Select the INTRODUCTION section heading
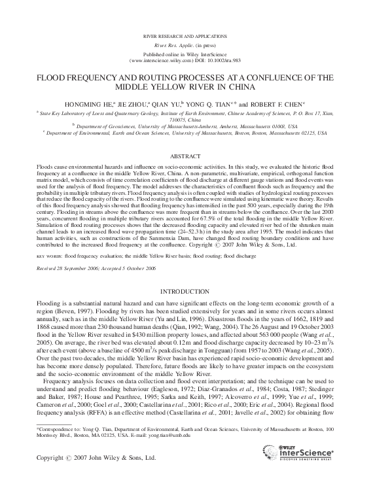coord(186,290)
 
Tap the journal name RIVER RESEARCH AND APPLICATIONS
coord(186,33)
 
